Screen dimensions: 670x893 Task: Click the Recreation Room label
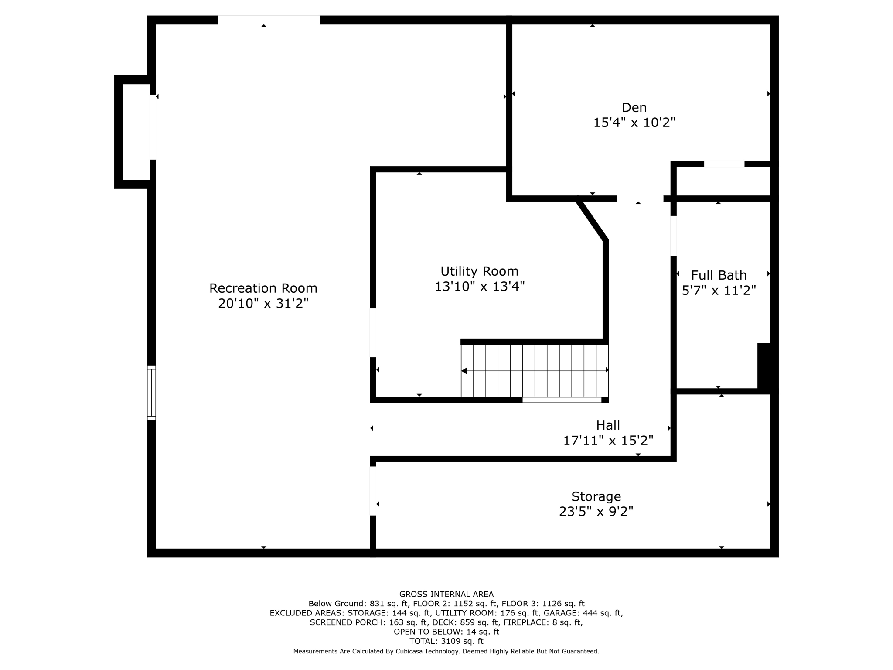point(263,288)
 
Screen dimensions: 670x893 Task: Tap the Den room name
point(634,107)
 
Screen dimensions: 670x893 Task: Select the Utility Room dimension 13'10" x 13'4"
point(479,287)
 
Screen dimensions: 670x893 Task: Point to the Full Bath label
point(719,275)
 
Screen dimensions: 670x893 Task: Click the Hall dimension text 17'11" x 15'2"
point(608,441)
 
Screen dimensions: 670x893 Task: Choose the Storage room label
point(596,496)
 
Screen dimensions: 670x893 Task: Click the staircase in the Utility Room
point(535,371)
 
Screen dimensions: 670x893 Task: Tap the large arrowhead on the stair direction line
point(464,371)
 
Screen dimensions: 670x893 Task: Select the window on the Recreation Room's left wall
point(151,393)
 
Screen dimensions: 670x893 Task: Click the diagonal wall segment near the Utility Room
point(592,219)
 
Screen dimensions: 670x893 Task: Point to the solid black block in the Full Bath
point(764,366)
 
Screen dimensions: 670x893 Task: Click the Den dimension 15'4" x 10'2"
point(634,123)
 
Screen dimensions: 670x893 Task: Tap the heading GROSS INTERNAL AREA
point(446,594)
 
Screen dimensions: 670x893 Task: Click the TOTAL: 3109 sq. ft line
point(446,641)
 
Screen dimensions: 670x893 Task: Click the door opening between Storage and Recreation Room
point(373,491)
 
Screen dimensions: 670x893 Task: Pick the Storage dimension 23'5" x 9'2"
point(596,511)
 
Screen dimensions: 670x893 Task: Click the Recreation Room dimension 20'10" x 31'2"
point(263,303)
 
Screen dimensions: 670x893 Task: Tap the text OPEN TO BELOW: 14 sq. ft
point(446,632)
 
